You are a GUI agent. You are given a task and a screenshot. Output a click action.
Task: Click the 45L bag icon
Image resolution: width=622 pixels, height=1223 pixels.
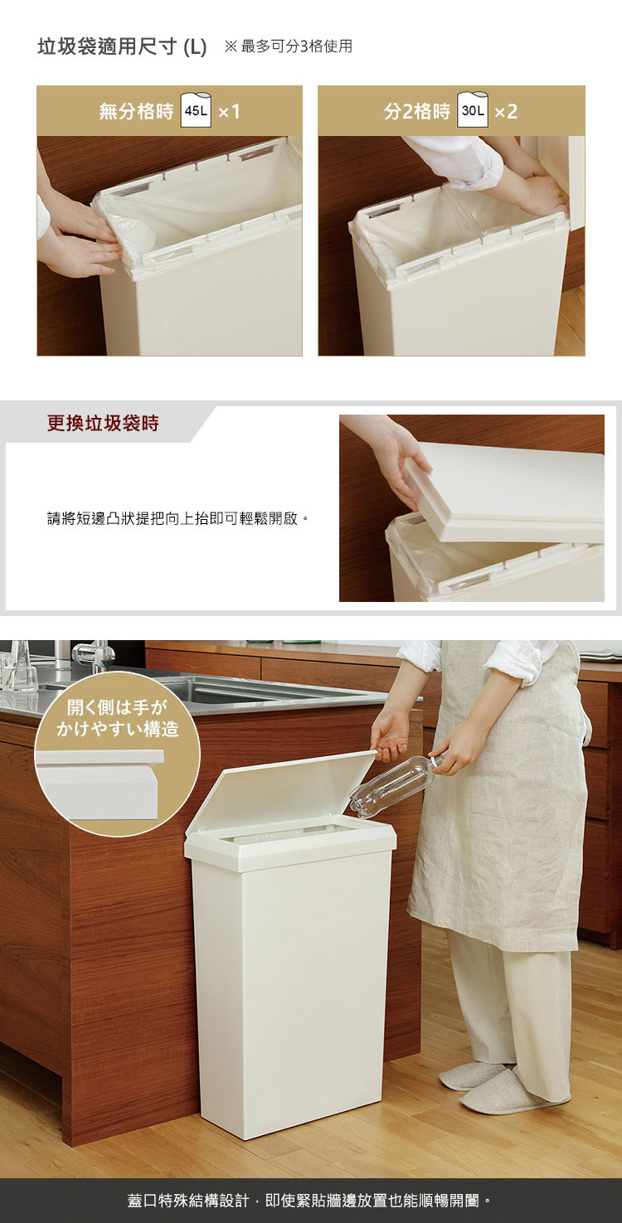coord(196,109)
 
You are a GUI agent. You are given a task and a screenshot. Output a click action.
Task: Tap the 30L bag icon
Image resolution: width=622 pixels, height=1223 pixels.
coord(473,109)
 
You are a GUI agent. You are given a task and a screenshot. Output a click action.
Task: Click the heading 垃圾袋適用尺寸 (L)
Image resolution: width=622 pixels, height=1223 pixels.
coord(122,47)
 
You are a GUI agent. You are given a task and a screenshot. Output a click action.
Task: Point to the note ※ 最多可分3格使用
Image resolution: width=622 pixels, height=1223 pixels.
coord(289,46)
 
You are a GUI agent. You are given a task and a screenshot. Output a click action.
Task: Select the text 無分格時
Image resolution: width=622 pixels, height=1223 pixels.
coord(136,111)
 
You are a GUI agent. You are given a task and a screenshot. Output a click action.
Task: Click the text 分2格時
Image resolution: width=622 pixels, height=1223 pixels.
coord(417,111)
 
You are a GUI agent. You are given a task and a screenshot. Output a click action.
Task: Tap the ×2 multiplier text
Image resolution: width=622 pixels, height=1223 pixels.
coord(506,112)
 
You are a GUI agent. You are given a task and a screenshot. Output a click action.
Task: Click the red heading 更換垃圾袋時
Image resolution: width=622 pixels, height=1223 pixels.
coord(103,423)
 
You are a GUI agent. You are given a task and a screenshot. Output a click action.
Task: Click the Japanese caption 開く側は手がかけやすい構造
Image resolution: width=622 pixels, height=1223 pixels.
coord(118,718)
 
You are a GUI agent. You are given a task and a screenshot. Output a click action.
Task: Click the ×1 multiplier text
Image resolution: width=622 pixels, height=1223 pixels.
coord(230,112)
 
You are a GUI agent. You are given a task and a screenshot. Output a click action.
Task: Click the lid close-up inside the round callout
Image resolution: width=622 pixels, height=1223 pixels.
coord(100,784)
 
